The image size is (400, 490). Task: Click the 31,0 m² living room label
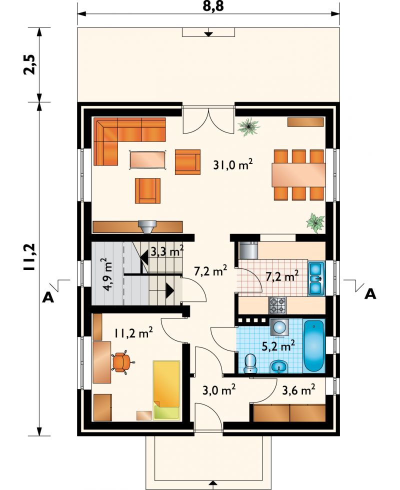click(x=232, y=164)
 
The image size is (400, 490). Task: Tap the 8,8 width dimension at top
click(x=213, y=6)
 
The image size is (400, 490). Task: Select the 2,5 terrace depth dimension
click(x=30, y=64)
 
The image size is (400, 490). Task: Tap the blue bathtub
click(x=314, y=345)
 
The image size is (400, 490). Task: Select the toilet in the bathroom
click(x=250, y=363)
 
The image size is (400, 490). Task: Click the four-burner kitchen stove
click(x=277, y=305)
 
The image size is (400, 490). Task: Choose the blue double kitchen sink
click(x=316, y=278)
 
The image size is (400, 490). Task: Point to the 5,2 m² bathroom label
click(x=278, y=346)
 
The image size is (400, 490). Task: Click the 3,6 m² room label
click(x=298, y=389)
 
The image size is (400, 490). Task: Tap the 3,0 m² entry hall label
click(x=219, y=389)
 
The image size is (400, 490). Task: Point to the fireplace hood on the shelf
click(x=147, y=226)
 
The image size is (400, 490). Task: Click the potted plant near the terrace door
click(x=249, y=126)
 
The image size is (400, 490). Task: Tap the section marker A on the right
click(x=370, y=294)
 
